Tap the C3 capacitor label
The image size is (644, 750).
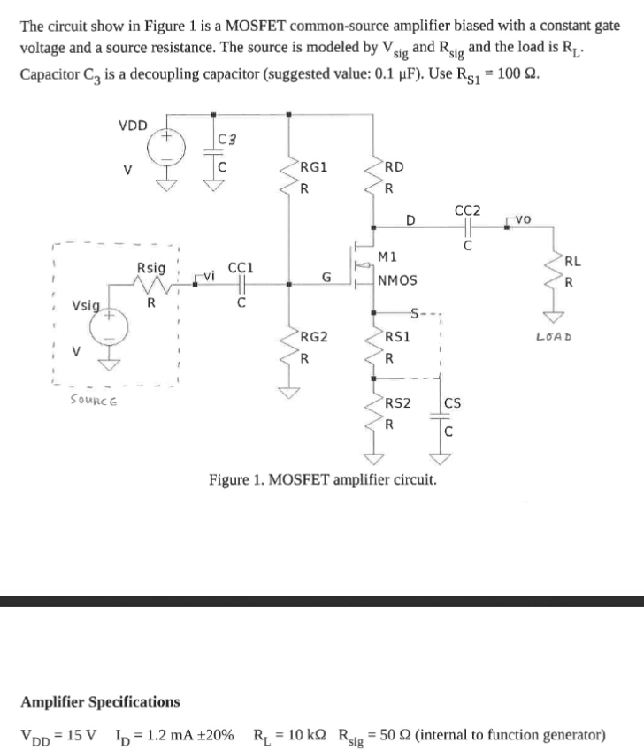tap(225, 138)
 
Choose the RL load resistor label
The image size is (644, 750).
tap(572, 261)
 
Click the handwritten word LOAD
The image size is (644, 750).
tap(555, 336)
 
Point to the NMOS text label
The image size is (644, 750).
tap(397, 281)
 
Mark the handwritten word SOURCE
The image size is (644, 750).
tap(94, 401)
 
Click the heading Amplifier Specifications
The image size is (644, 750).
tap(100, 701)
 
